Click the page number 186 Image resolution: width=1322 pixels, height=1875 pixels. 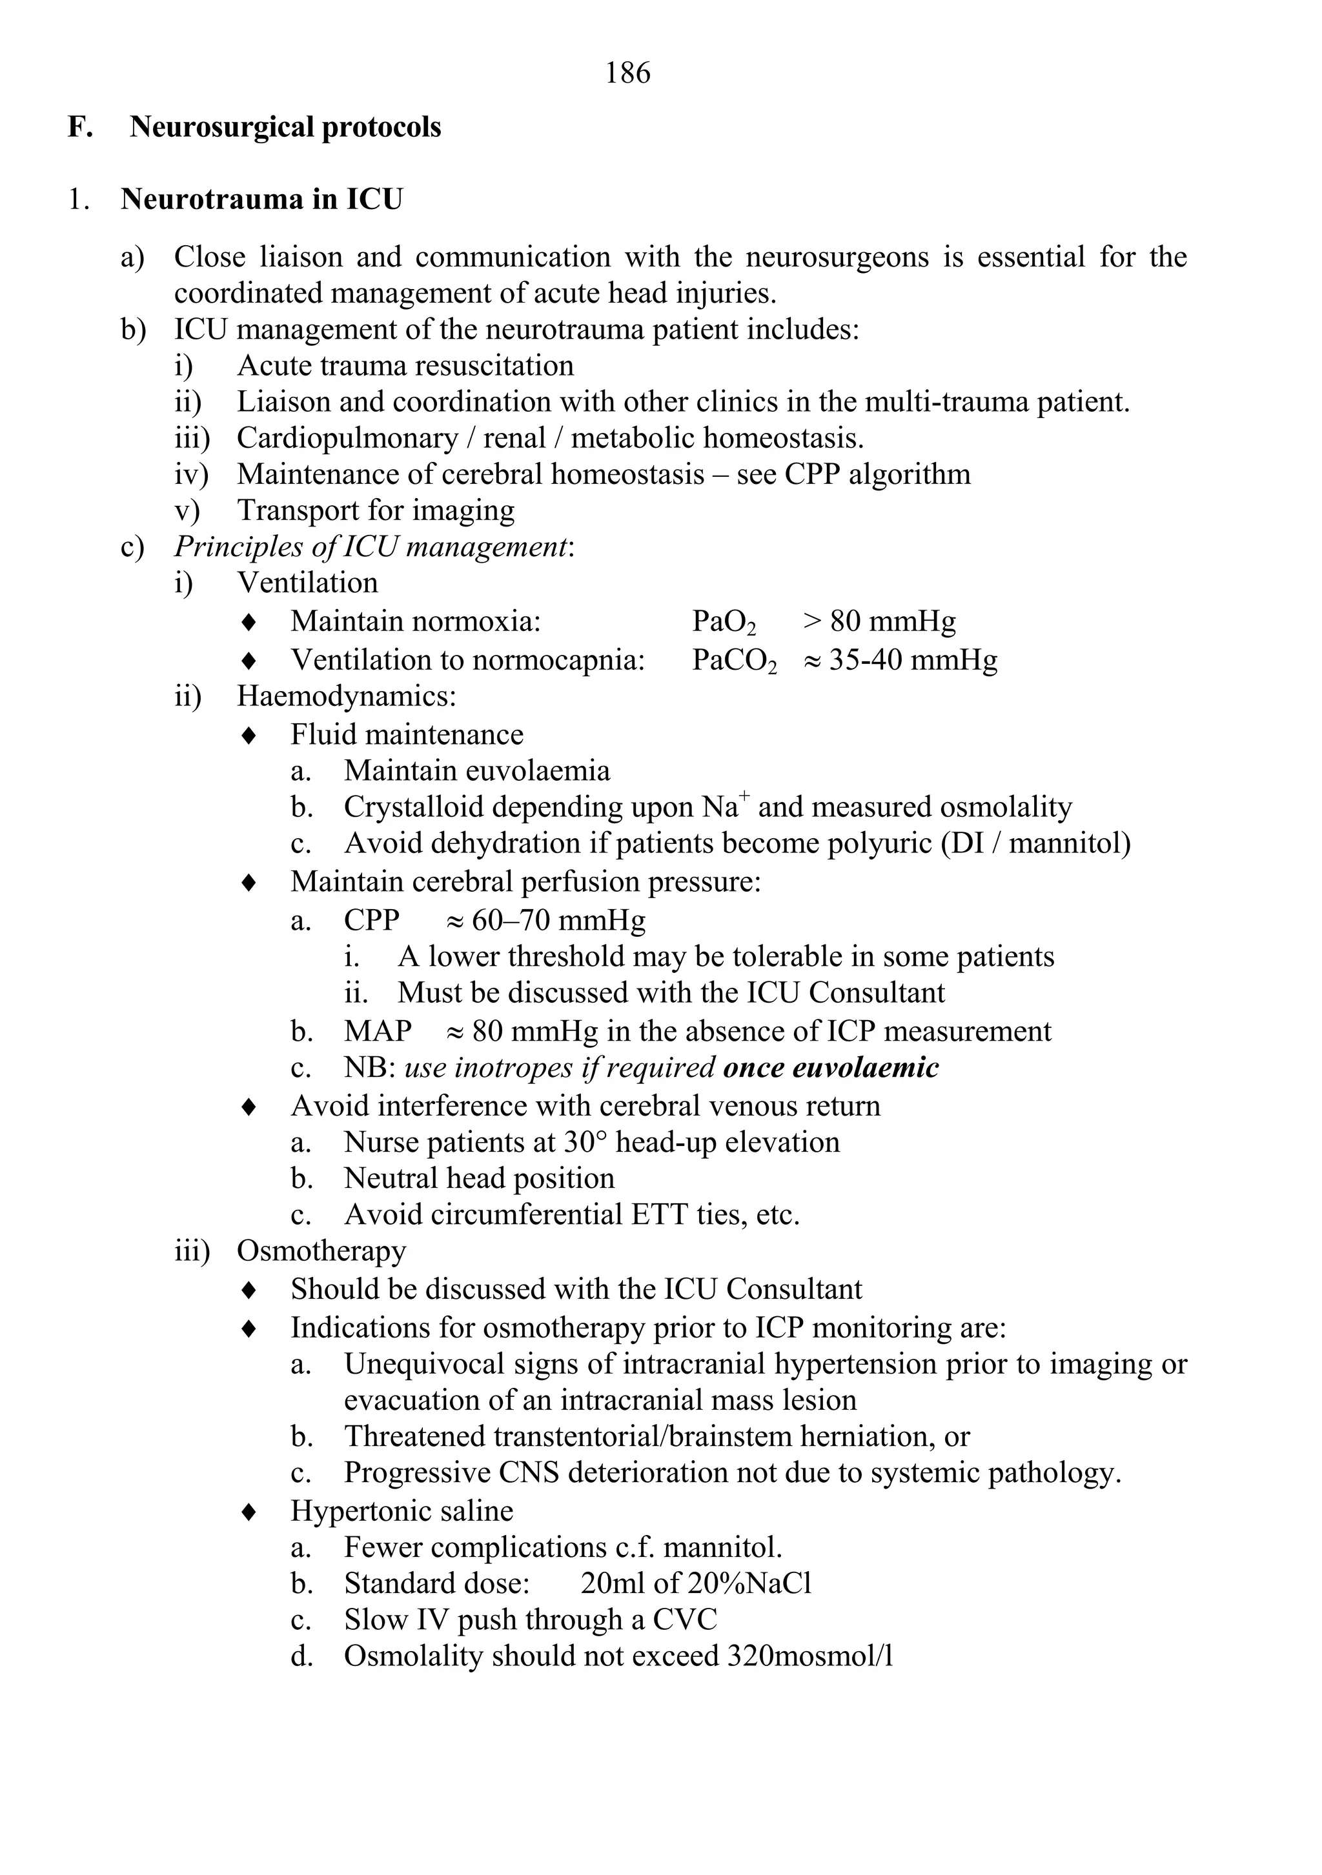click(627, 74)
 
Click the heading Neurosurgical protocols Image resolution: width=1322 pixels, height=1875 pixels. click(285, 127)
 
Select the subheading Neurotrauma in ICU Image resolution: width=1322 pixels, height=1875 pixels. click(261, 199)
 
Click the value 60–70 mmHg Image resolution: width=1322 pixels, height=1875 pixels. click(558, 920)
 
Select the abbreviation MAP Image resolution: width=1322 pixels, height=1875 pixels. click(378, 1032)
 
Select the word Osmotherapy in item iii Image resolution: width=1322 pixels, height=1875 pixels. click(321, 1251)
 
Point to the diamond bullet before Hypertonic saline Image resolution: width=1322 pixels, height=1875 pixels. click(249, 1512)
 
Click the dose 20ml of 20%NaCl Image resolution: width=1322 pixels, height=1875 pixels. click(696, 1583)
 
